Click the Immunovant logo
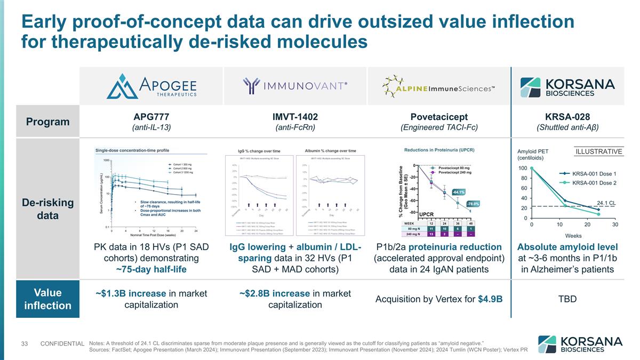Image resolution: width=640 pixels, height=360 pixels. (x=295, y=87)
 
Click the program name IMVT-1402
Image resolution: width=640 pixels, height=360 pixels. (x=295, y=116)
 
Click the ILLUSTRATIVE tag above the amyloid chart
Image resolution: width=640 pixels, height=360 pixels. (x=598, y=151)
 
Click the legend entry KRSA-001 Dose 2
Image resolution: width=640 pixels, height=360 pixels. (x=594, y=183)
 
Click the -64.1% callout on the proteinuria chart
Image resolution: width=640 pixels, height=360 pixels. (x=459, y=192)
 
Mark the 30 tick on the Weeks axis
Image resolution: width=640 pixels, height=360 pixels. (x=615, y=225)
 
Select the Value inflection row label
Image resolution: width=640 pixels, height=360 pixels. (x=47, y=299)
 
